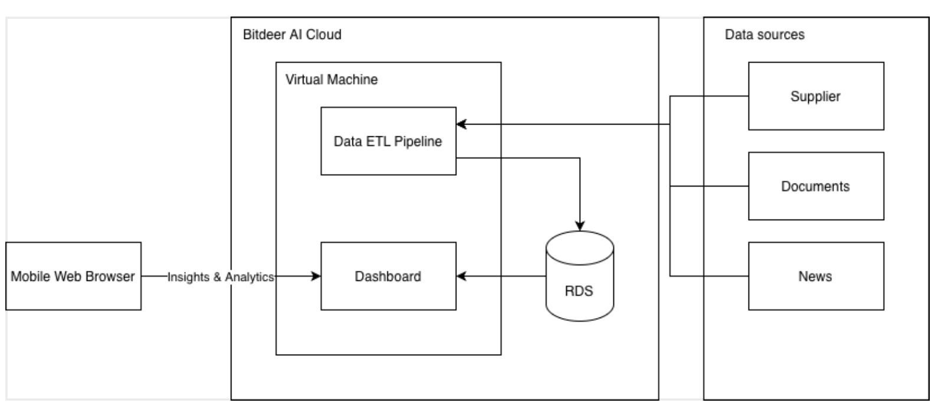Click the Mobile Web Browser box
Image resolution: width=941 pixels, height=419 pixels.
(x=73, y=276)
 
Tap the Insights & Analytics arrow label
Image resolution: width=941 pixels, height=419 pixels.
(x=221, y=276)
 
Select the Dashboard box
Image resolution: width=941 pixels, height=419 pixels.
(x=388, y=276)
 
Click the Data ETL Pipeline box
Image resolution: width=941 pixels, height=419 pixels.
(x=388, y=141)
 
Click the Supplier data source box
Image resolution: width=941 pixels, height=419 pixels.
(x=815, y=96)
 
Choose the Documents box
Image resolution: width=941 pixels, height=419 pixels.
(x=815, y=186)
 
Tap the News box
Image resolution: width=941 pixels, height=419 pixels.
(x=815, y=276)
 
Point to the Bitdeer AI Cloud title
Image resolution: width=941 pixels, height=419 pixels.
(x=292, y=35)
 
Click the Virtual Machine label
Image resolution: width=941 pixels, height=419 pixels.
(x=331, y=80)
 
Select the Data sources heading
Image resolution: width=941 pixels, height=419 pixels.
(x=764, y=35)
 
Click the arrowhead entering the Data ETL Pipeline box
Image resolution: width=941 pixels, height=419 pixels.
(x=462, y=125)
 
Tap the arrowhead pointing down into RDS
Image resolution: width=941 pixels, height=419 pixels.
(x=580, y=225)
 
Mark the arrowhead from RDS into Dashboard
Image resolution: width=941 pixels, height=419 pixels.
(x=462, y=276)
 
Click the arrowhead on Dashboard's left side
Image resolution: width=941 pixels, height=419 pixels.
(x=316, y=276)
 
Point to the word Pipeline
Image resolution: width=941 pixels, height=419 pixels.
(x=418, y=142)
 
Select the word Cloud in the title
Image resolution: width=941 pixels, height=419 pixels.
(x=324, y=35)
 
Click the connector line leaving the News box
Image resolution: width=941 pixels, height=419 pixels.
(x=708, y=276)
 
